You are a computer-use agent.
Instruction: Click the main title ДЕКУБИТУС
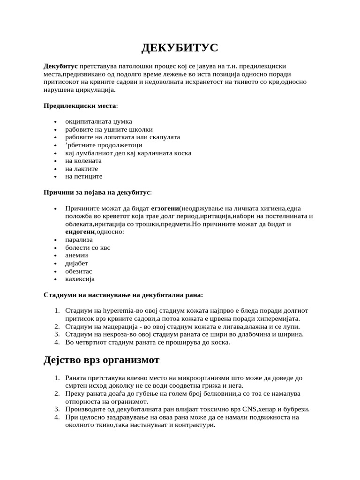180,48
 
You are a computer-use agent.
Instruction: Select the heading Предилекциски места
80,106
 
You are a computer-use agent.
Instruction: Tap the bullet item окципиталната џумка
98,121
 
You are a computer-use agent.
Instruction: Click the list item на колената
83,161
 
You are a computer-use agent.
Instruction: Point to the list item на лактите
82,169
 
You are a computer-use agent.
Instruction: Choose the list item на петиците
83,177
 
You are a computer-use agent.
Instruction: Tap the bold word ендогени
80,232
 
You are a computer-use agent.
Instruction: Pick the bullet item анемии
76,255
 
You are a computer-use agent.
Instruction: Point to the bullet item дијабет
76,263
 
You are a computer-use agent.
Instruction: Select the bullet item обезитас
79,271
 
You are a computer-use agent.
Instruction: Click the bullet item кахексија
80,279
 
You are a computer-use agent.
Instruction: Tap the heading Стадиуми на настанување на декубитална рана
123,295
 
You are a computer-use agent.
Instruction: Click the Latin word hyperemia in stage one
119,311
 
